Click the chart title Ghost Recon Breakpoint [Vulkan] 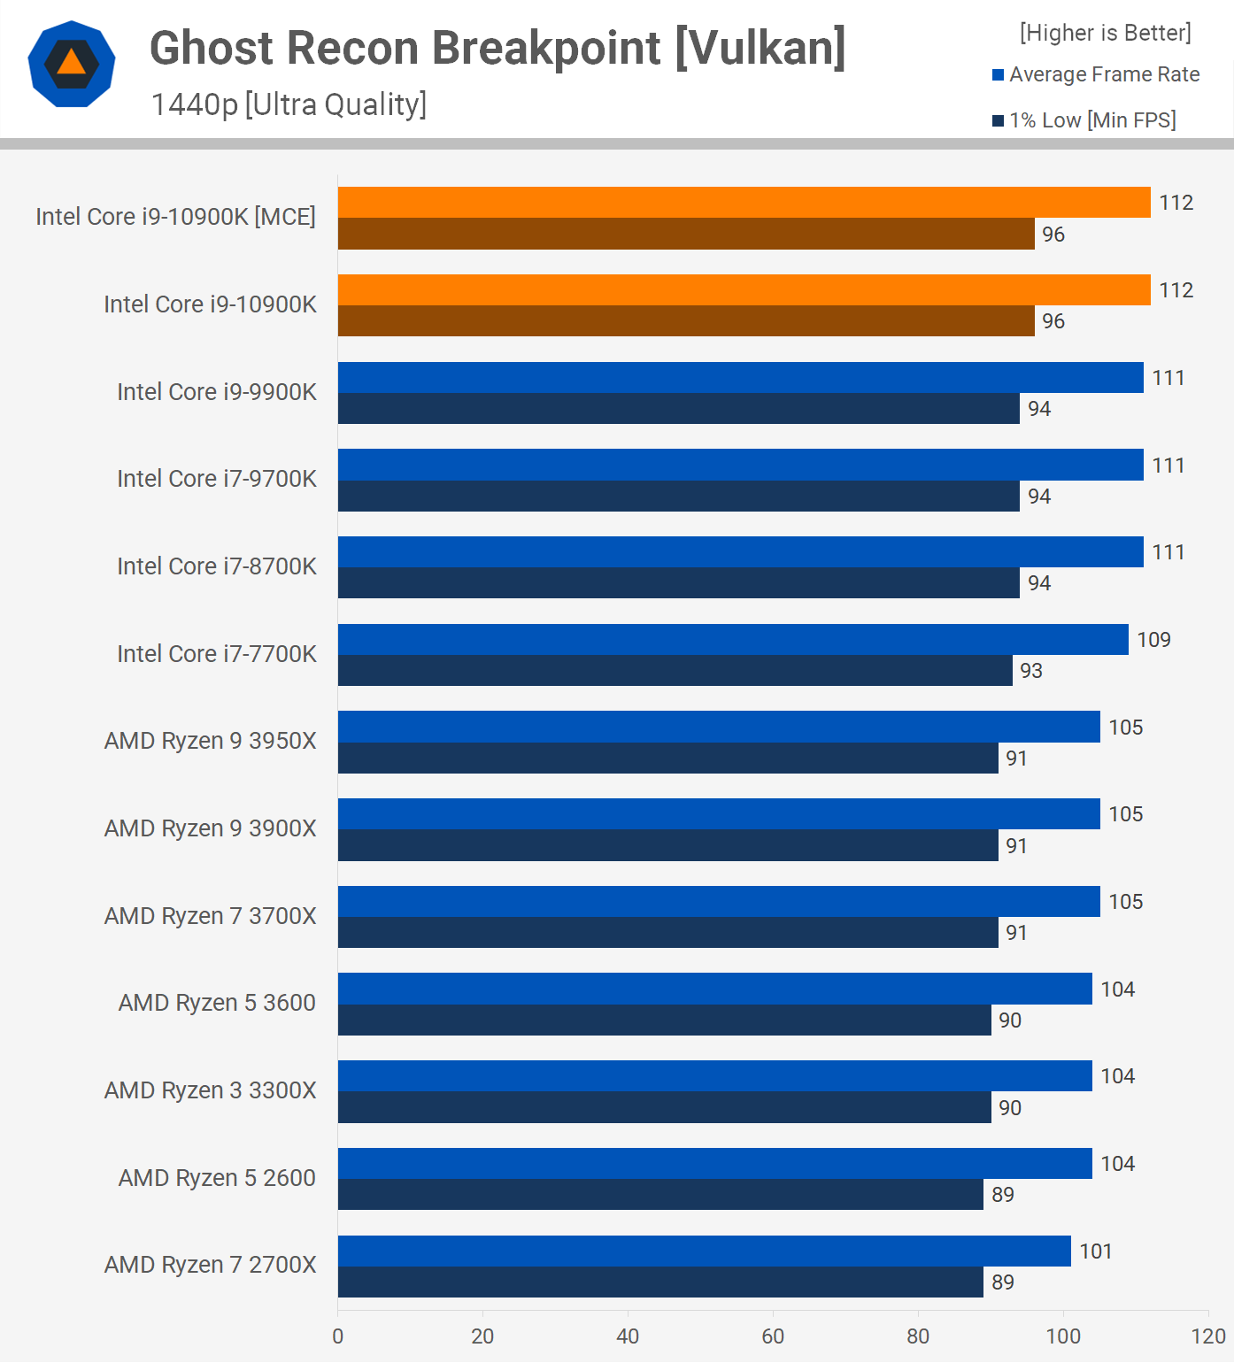click(x=497, y=48)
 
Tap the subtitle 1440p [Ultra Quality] click(x=289, y=104)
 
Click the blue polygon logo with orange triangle click(x=72, y=64)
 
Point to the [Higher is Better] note click(x=1105, y=33)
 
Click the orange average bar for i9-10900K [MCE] click(x=744, y=203)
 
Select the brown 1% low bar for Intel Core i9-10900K click(x=686, y=321)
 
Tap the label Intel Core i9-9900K click(x=217, y=391)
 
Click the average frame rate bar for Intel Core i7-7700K click(x=733, y=639)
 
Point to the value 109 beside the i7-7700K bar click(x=1153, y=640)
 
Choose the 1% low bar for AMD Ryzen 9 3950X click(x=668, y=759)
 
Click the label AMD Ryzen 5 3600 click(x=217, y=1003)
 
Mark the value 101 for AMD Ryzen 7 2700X click(x=1095, y=1251)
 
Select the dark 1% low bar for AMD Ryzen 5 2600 click(x=660, y=1195)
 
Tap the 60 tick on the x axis click(x=773, y=1336)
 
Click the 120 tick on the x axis click(x=1208, y=1336)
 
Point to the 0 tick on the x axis click(x=338, y=1336)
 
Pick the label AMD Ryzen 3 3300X click(x=210, y=1090)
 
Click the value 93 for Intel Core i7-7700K click(x=1031, y=671)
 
